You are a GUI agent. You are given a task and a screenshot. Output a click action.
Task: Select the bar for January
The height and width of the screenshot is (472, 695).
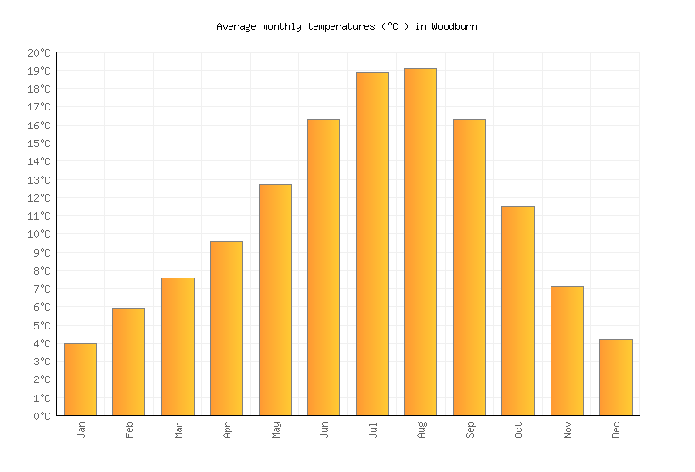pyautogui.click(x=80, y=379)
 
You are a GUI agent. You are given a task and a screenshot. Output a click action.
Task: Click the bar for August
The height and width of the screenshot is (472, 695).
pyautogui.click(x=420, y=242)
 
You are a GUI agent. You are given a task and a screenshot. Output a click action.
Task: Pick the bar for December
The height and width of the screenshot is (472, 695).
pyautogui.click(x=615, y=377)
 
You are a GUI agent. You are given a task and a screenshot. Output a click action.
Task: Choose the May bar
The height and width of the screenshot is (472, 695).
pyautogui.click(x=275, y=299)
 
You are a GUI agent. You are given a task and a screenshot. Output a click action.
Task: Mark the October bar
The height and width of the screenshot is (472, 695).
pyautogui.click(x=517, y=311)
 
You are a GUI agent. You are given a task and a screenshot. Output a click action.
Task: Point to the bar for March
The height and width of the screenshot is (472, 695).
pyautogui.click(x=178, y=346)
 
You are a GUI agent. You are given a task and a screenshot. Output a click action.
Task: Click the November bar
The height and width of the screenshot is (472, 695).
pyautogui.click(x=567, y=350)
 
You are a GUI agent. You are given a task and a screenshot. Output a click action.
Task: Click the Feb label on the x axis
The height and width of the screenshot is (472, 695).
pyautogui.click(x=129, y=430)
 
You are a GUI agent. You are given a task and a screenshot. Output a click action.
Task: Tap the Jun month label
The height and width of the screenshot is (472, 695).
pyautogui.click(x=324, y=430)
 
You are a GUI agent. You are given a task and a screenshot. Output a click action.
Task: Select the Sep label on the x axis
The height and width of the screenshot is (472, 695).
pyautogui.click(x=469, y=430)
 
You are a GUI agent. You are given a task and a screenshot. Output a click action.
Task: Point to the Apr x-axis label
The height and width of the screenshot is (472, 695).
pyautogui.click(x=227, y=430)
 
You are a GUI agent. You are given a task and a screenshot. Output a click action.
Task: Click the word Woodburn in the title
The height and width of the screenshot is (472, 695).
pyautogui.click(x=454, y=26)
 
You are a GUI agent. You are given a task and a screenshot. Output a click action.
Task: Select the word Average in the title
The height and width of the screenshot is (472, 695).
pyautogui.click(x=236, y=26)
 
